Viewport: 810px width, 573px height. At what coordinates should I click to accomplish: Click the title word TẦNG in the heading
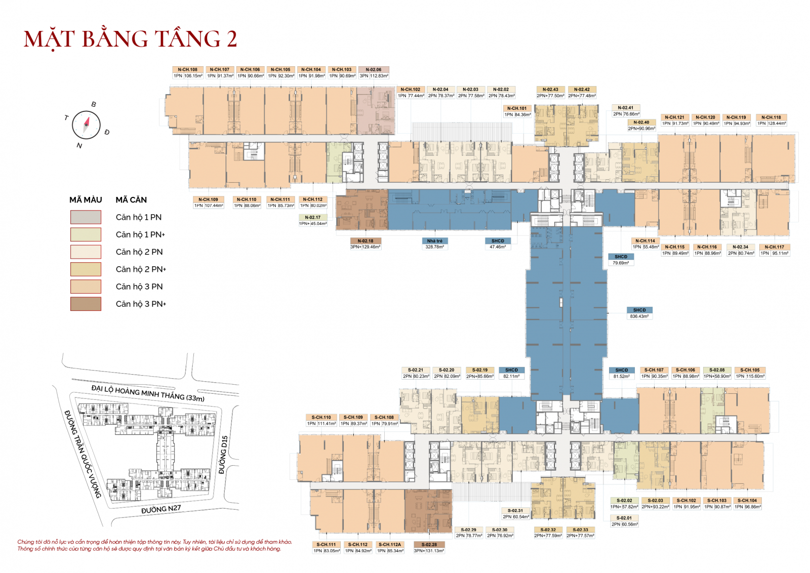(187, 39)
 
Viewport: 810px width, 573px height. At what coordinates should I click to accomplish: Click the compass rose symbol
(86, 125)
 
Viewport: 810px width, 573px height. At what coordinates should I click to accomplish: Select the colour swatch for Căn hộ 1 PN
(86, 217)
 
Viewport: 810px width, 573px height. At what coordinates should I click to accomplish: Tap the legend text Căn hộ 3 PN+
(141, 304)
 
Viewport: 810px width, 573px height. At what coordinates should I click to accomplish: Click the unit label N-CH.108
(187, 69)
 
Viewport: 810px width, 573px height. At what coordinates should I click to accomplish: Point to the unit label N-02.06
(374, 69)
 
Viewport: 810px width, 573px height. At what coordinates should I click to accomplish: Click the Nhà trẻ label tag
(434, 241)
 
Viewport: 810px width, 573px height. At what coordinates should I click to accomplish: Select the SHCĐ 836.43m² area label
(639, 310)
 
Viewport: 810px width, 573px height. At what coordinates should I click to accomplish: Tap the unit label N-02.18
(365, 241)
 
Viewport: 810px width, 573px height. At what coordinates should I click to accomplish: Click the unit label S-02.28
(429, 545)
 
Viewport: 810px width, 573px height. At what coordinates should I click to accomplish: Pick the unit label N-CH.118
(771, 117)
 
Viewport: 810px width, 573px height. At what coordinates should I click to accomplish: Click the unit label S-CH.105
(750, 370)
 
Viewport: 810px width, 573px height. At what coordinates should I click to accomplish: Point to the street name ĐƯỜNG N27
(161, 509)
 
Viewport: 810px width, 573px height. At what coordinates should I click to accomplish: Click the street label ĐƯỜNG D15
(223, 455)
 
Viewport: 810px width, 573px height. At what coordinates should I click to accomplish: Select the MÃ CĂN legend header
(131, 200)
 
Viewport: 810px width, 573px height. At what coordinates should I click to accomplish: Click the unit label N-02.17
(312, 217)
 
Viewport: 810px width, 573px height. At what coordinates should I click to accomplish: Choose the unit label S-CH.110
(321, 418)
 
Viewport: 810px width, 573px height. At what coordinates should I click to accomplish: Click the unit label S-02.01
(624, 518)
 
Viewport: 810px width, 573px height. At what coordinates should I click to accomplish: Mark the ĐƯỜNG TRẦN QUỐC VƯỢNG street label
(83, 454)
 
